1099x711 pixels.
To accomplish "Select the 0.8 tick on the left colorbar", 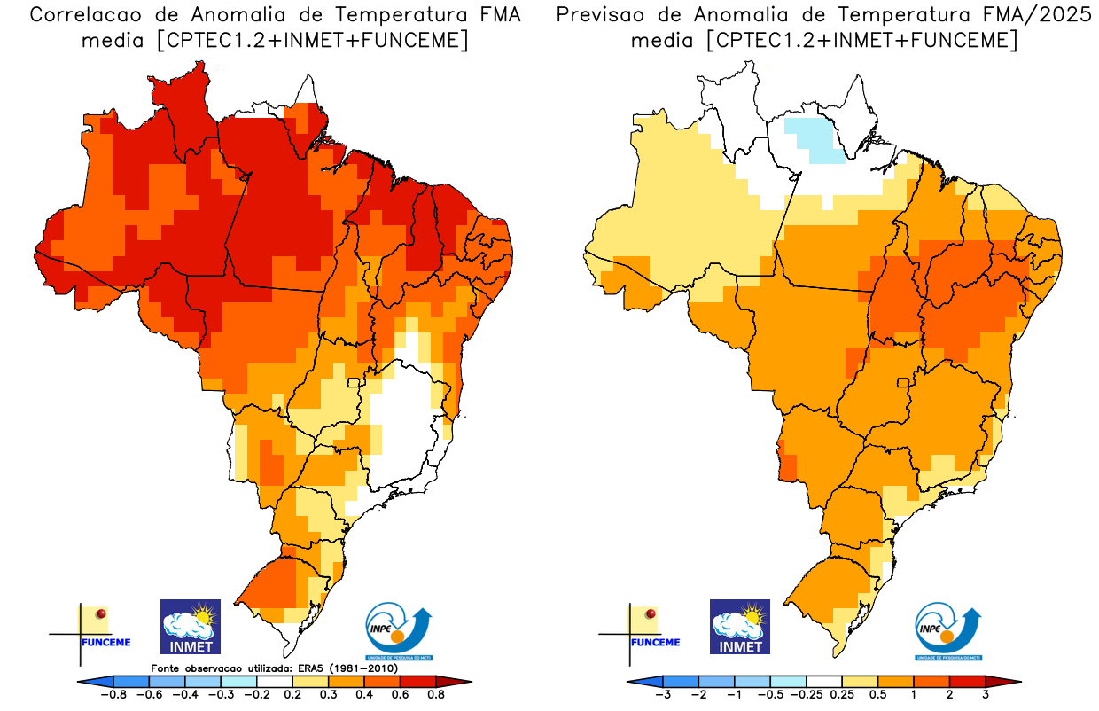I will (x=435, y=695).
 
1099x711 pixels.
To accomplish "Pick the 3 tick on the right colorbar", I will (x=985, y=695).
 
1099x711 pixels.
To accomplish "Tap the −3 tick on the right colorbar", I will (x=662, y=695).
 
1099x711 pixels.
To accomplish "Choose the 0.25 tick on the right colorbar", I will (x=841, y=695).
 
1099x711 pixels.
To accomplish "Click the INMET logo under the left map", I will (x=190, y=627).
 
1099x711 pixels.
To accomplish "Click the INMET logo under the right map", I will (x=740, y=627).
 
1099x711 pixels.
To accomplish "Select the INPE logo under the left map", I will (x=399, y=631).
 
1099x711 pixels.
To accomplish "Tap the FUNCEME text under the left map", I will (x=105, y=642).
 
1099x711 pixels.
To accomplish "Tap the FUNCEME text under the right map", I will (x=655, y=642).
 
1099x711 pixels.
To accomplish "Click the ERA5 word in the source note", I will (x=316, y=668).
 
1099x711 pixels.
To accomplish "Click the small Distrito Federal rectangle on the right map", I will (x=904, y=383).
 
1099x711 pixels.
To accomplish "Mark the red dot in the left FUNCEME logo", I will (x=101, y=613).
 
